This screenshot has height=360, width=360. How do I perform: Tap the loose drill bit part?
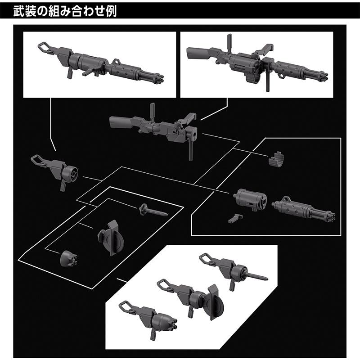(x=153, y=209)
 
